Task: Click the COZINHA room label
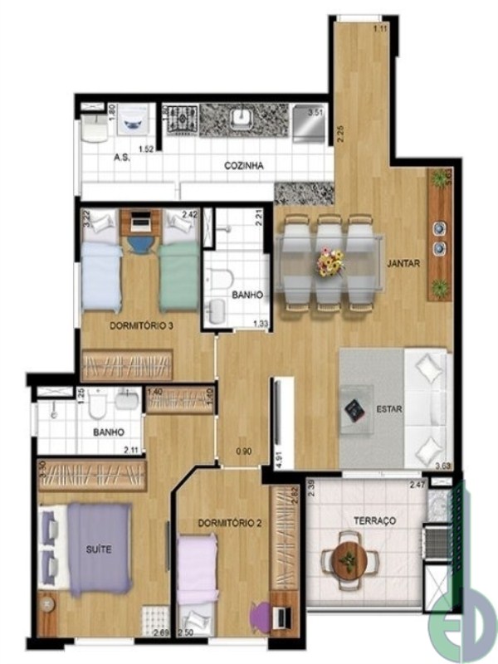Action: (244, 166)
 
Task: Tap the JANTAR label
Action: (403, 264)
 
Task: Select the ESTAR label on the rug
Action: (389, 408)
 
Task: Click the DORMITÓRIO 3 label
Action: (141, 326)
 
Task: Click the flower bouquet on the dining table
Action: (330, 263)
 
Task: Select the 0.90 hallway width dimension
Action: (243, 452)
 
